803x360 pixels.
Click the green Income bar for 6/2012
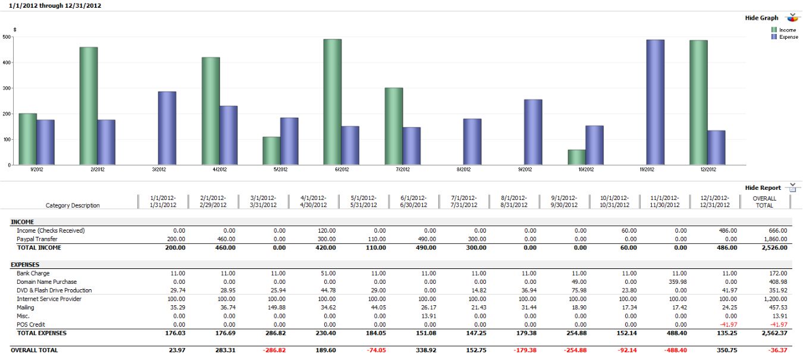point(333,102)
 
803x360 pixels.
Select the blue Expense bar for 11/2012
point(655,102)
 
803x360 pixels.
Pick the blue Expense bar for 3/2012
point(167,128)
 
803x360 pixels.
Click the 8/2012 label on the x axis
point(463,170)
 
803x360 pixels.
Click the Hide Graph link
point(761,18)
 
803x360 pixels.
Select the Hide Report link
point(763,187)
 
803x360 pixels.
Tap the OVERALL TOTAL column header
point(764,202)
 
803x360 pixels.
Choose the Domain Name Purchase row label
point(46,282)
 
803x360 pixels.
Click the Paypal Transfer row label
point(37,239)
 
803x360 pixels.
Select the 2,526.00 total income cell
point(774,248)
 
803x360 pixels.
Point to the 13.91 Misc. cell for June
point(420,316)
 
